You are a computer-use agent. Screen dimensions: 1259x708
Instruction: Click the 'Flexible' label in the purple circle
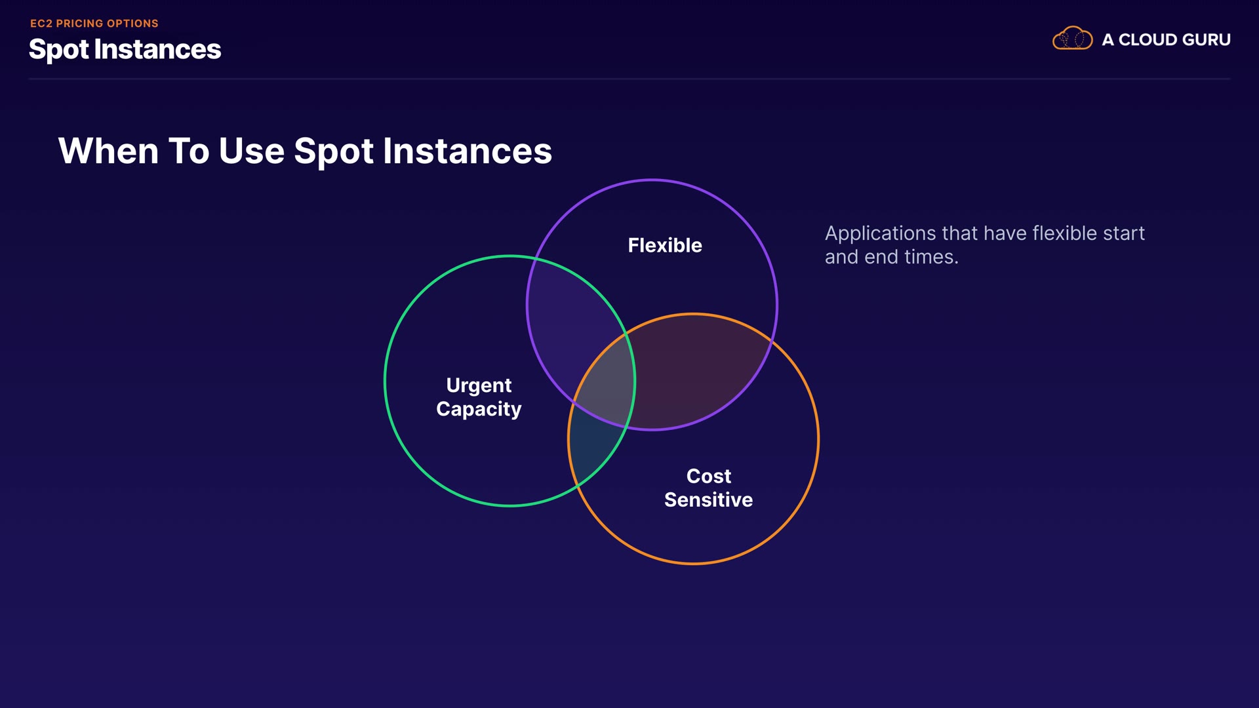coord(665,245)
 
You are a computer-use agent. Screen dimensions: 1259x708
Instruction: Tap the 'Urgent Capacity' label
coord(479,397)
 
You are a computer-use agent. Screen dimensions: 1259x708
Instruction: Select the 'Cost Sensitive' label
coord(708,488)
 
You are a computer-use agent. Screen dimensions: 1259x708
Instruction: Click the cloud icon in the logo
coord(1072,39)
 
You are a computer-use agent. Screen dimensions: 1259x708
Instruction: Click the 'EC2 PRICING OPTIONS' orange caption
coord(94,24)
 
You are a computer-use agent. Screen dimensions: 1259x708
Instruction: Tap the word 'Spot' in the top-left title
coord(58,50)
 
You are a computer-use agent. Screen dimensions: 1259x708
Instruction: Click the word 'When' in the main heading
coord(108,151)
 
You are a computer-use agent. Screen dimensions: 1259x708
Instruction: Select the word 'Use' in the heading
coord(252,151)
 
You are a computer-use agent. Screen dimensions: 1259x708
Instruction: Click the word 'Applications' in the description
coord(880,233)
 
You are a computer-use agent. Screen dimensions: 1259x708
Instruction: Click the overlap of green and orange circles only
coord(593,452)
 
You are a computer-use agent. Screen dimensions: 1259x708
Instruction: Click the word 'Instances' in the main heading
coord(467,151)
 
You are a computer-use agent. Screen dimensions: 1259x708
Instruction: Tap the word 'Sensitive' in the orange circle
coord(708,500)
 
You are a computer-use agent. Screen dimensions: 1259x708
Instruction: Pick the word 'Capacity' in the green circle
coord(479,409)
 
